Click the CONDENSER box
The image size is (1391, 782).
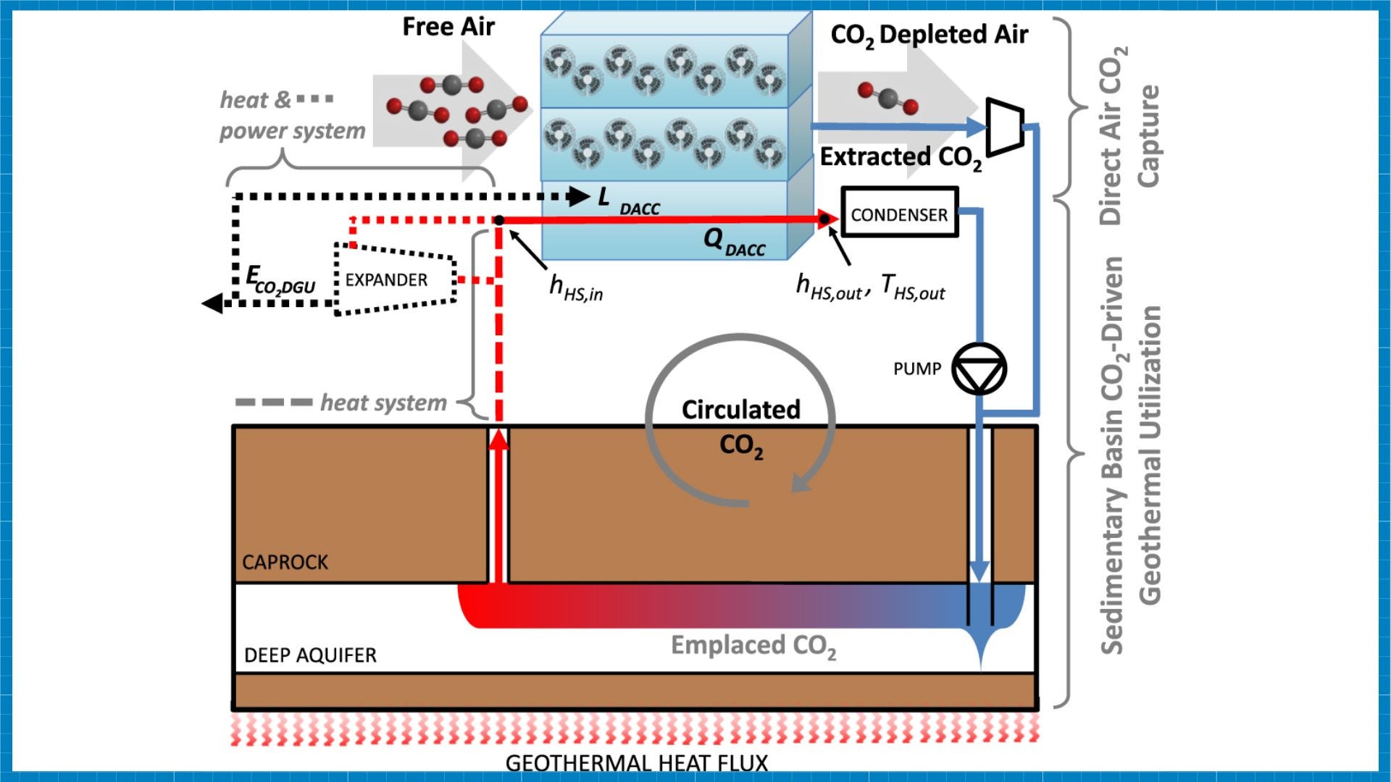pos(899,214)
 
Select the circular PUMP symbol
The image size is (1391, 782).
pos(979,369)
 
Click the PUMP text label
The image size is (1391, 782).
pos(916,369)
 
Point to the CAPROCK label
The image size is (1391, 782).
pos(285,563)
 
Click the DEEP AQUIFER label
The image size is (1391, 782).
pos(310,655)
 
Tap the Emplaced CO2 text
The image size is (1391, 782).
pos(753,645)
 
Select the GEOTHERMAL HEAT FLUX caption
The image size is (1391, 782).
pos(636,763)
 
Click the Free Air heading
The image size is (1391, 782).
pos(448,27)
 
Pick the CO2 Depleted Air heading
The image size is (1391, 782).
pos(929,35)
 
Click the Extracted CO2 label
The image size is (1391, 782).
pos(901,157)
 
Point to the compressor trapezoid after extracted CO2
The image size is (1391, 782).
pos(1006,127)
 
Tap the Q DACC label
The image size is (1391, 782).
pos(734,241)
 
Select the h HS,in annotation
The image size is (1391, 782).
pos(576,287)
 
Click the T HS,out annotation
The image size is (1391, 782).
pos(913,287)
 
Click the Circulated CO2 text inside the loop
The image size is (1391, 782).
pos(740,426)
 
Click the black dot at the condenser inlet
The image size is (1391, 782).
pos(824,219)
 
